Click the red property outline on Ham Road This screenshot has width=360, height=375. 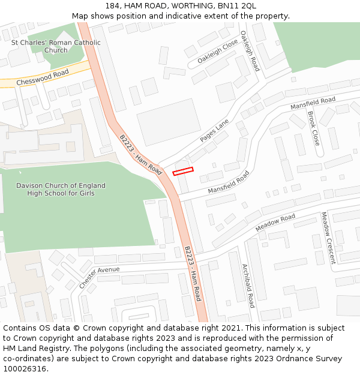tap(184, 171)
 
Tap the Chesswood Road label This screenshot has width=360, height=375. tap(43, 78)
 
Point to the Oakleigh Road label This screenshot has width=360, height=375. tap(250, 51)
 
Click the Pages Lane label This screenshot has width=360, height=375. tap(214, 130)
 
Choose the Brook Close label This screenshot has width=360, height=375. tap(313, 128)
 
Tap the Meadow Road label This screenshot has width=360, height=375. tap(275, 223)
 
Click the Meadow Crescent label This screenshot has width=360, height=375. tap(328, 238)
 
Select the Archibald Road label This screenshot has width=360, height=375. tap(248, 286)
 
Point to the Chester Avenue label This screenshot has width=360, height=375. tap(99, 277)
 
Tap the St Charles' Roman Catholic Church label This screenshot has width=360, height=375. tap(56, 46)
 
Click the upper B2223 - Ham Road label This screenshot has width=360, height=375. tap(140, 154)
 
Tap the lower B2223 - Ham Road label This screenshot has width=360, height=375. tap(193, 273)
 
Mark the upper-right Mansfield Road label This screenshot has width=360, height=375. tap(313, 103)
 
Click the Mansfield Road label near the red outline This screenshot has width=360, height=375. tap(228, 182)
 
